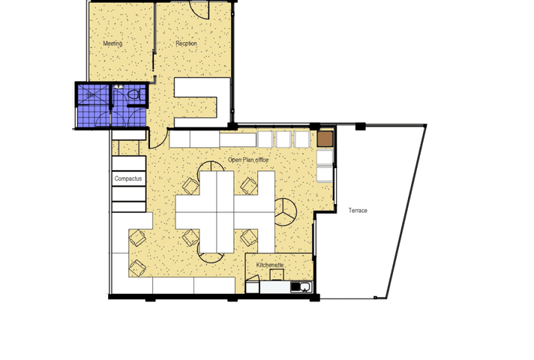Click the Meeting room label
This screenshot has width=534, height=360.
[112, 43]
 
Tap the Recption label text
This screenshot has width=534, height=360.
[186, 43]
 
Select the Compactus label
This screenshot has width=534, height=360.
[129, 179]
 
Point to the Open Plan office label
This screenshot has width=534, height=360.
[247, 160]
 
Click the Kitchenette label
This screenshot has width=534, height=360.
[270, 265]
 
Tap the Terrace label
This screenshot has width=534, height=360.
[358, 211]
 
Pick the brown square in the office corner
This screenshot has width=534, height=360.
[325, 139]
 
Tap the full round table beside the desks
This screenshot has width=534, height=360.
[284, 212]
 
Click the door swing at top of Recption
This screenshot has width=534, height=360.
[199, 10]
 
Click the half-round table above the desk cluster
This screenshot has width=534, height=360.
[190, 185]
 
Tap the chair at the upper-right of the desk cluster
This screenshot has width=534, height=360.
[247, 185]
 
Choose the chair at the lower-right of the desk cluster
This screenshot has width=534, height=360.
[247, 238]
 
